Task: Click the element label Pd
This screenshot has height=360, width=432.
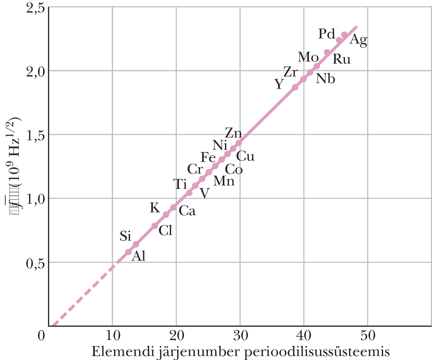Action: pos(326,34)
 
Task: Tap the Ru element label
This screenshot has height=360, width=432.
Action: pos(342,59)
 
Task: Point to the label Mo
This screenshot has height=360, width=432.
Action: pos(308,57)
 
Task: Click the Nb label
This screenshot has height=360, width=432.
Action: pos(326,79)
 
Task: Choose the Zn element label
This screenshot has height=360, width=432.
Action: pos(233,133)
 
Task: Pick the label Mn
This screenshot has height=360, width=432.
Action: pos(224,181)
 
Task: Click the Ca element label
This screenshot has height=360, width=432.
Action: pos(187,211)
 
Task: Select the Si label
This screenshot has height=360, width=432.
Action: pos(125,236)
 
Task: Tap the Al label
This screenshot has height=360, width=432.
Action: pos(138,256)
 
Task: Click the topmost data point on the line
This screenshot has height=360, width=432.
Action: pos(344,35)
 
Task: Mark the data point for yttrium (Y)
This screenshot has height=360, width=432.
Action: pos(295,87)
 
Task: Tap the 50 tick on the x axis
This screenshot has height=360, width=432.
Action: pos(368,336)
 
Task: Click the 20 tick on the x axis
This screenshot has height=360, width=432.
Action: pos(176,336)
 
